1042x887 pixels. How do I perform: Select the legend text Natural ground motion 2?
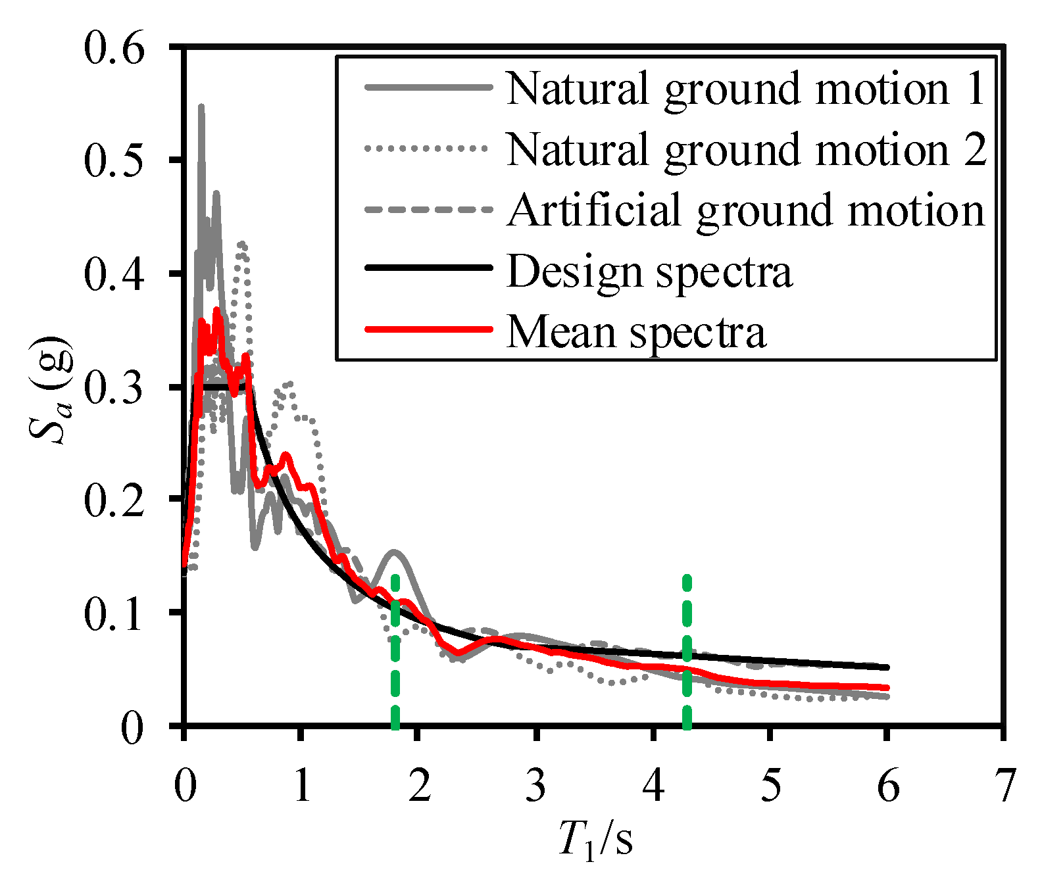tap(746, 149)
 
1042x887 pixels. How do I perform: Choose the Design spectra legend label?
tap(650, 271)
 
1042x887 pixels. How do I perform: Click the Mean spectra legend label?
tap(636, 331)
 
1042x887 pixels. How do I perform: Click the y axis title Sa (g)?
tap(50, 391)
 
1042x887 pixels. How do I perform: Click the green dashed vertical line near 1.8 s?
tap(395, 658)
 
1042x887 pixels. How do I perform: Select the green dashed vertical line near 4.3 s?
tap(687, 658)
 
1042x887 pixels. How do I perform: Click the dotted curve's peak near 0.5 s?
tap(243, 244)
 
